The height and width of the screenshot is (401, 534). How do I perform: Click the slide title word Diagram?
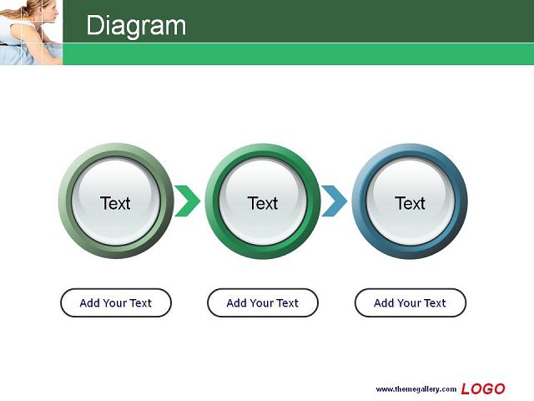[136, 26]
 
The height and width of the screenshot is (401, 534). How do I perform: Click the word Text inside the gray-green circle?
[115, 203]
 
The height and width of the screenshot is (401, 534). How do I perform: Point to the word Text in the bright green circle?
[263, 203]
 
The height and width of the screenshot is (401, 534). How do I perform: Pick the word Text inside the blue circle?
[410, 203]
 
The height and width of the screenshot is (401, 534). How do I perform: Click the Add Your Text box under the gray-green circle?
[116, 302]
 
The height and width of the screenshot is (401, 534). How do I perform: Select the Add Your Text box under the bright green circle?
[263, 302]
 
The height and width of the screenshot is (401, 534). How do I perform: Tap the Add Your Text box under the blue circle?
[410, 302]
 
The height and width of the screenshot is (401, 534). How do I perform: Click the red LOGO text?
[483, 388]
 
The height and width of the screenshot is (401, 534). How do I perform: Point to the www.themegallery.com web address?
[416, 389]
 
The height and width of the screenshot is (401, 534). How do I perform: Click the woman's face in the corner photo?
[50, 14]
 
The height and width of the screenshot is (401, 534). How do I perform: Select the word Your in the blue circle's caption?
[410, 302]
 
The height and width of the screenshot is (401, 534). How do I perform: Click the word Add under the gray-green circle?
[90, 302]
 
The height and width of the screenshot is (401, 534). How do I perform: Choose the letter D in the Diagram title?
[94, 25]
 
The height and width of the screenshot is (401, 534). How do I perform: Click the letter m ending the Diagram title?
[176, 28]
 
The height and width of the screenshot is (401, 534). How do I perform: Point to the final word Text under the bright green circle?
[287, 302]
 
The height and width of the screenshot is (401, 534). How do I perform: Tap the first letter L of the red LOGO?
[466, 388]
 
